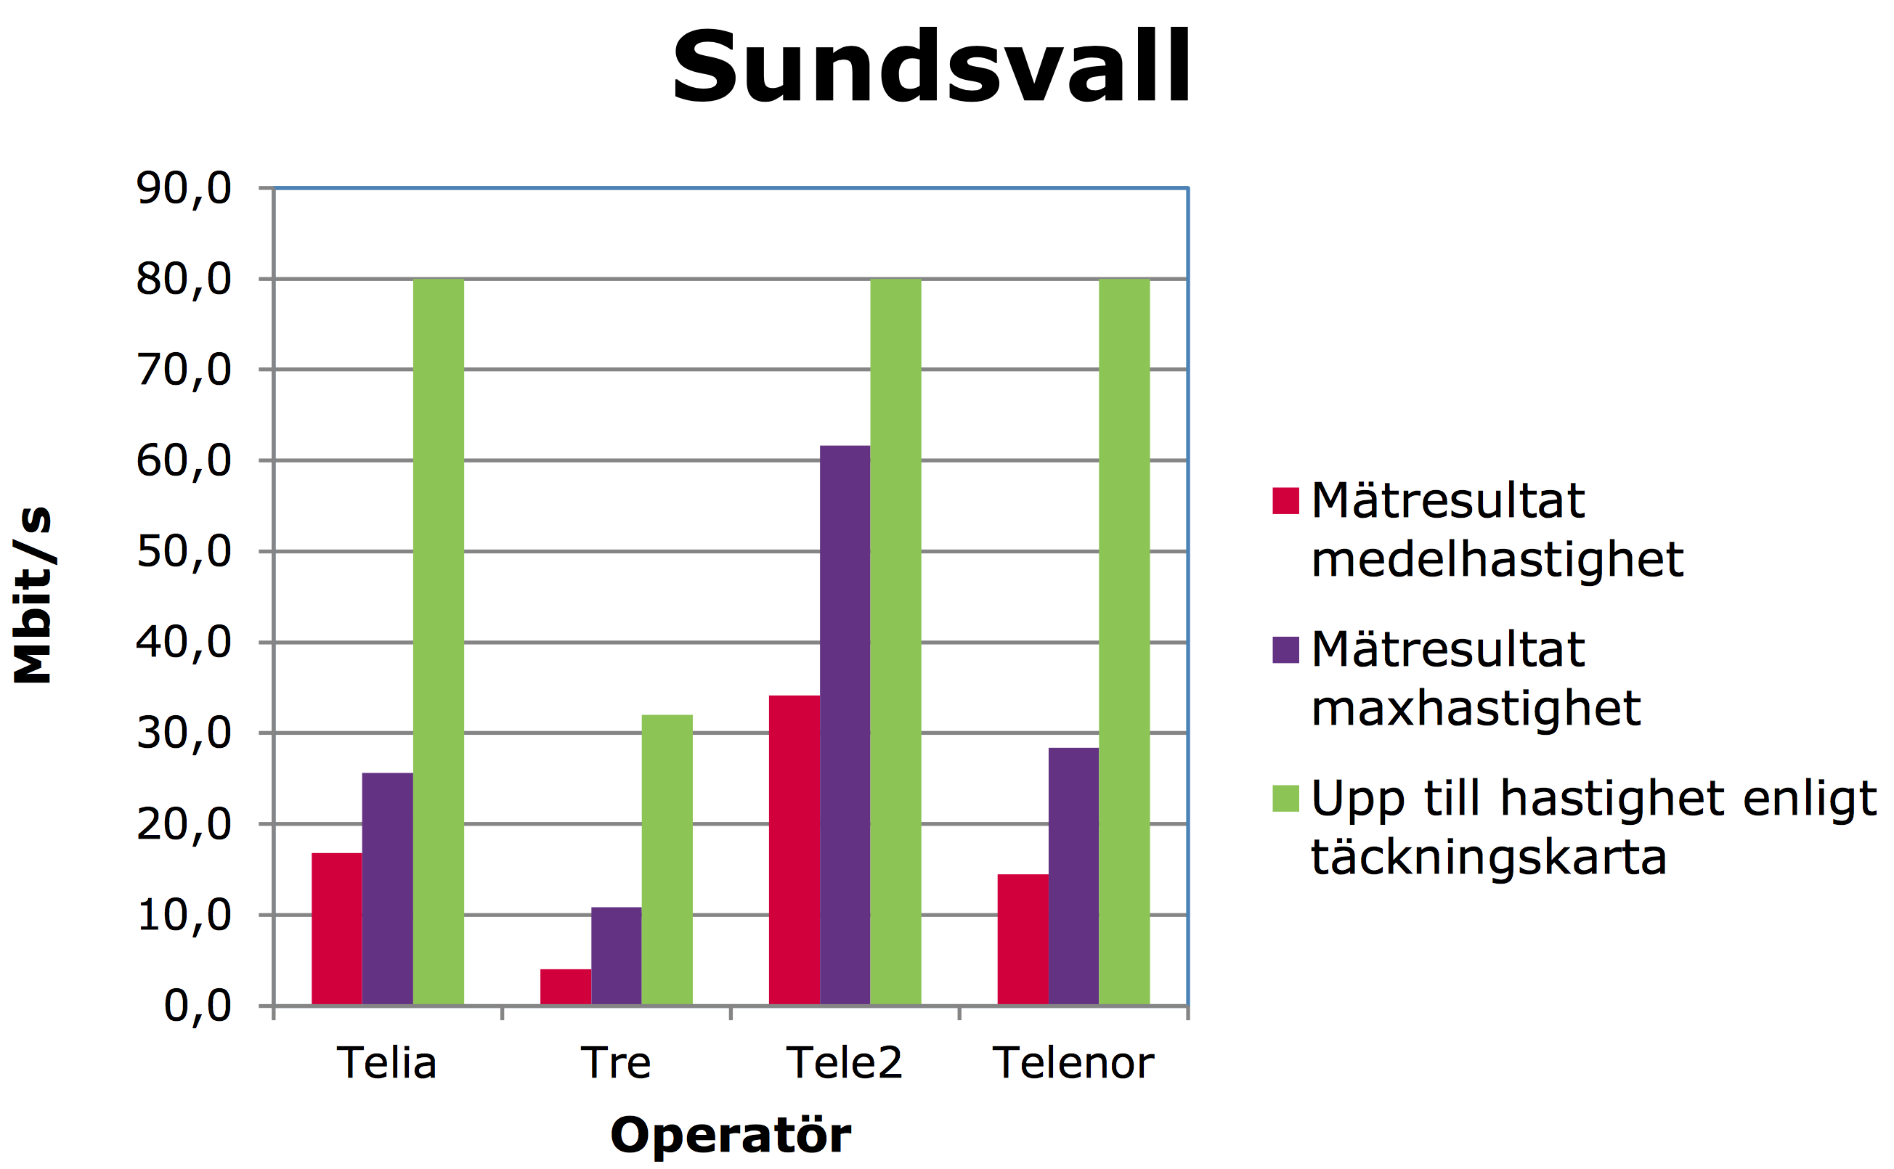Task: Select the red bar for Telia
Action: pyautogui.click(x=337, y=929)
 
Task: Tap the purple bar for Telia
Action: pyautogui.click(x=387, y=889)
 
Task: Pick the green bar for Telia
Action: pyautogui.click(x=439, y=642)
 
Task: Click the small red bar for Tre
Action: pyautogui.click(x=566, y=987)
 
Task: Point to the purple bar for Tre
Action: pyautogui.click(x=616, y=956)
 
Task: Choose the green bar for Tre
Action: pyautogui.click(x=667, y=860)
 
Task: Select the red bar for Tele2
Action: pyautogui.click(x=794, y=850)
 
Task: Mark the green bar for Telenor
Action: pyautogui.click(x=1124, y=642)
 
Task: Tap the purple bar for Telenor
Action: pyautogui.click(x=1073, y=877)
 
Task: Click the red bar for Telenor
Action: pyautogui.click(x=1023, y=940)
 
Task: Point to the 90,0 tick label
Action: pyautogui.click(x=184, y=189)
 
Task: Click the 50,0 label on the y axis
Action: pyautogui.click(x=184, y=552)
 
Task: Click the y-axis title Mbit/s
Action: pyautogui.click(x=33, y=595)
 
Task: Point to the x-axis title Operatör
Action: pyautogui.click(x=731, y=1135)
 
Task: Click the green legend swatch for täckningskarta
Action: pyautogui.click(x=1285, y=798)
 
